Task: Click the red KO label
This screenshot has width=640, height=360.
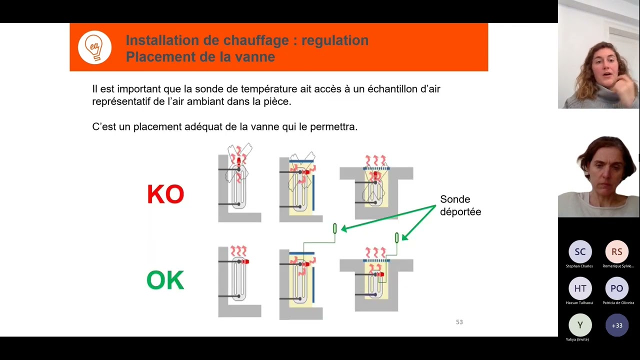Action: coord(165,194)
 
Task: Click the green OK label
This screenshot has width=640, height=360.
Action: coord(165,280)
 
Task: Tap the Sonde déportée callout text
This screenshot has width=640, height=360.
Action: coord(460,205)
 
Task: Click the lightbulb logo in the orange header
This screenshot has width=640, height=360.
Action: coord(94,47)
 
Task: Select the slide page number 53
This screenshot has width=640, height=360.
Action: coord(459,322)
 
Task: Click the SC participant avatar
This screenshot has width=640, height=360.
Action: coord(580,252)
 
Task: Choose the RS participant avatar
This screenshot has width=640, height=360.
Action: coord(617,252)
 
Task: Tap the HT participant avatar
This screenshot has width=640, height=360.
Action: coord(580,288)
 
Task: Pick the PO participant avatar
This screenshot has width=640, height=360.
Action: coord(617,288)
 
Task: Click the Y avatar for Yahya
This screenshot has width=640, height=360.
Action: coord(580,325)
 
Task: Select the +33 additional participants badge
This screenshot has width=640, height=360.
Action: coord(617,325)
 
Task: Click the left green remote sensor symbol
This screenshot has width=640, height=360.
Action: coord(335,228)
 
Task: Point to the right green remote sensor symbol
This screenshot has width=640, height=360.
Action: coord(397,237)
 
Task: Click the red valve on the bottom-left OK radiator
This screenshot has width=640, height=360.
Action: coord(245,261)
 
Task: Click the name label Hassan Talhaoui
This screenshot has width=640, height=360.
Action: coord(579,302)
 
